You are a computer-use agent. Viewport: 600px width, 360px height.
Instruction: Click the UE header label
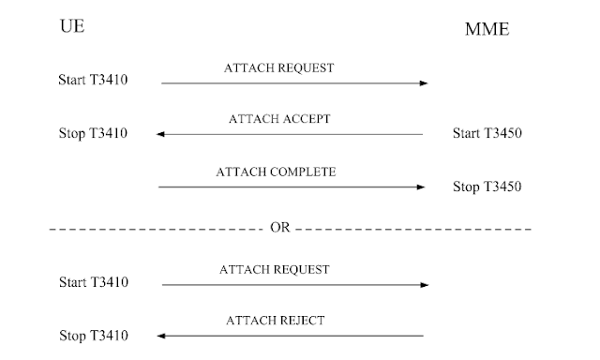click(x=72, y=27)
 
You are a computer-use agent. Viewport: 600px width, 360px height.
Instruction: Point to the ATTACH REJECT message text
click(x=275, y=321)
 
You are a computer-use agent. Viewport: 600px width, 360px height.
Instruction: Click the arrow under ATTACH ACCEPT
click(x=291, y=134)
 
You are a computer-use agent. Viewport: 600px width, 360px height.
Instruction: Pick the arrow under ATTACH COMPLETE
click(x=291, y=187)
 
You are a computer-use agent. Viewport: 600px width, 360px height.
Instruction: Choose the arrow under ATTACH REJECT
click(x=291, y=335)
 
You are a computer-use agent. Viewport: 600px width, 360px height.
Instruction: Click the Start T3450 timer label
click(x=487, y=132)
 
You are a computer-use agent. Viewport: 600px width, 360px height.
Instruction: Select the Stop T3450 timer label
click(x=487, y=186)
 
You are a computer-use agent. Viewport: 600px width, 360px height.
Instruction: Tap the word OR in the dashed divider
click(x=280, y=228)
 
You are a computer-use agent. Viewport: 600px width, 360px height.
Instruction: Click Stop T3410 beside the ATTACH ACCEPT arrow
click(x=93, y=132)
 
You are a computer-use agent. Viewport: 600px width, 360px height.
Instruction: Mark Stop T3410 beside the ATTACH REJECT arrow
click(x=93, y=335)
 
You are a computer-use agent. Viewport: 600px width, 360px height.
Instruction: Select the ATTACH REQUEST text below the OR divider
click(x=274, y=269)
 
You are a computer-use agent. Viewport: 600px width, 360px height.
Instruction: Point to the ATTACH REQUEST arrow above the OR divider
click(x=293, y=83)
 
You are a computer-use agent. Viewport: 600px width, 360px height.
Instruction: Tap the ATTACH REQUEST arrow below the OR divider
click(x=293, y=283)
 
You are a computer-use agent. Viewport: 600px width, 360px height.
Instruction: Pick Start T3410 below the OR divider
click(x=93, y=281)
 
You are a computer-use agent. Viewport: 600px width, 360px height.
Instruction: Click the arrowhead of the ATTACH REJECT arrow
click(x=161, y=335)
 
